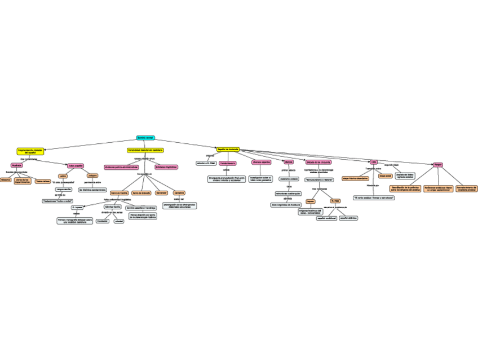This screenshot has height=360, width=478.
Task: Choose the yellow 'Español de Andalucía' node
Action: pos(228,149)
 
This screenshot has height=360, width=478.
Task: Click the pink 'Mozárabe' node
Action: pos(17,165)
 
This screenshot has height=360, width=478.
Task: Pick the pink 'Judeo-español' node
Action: pos(76,165)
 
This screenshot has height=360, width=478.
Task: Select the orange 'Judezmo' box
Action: pos(92,175)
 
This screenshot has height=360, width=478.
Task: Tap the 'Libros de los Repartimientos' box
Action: pos(23,181)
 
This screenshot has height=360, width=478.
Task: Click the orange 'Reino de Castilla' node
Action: pos(118,193)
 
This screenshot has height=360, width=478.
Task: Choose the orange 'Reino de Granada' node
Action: pos(141,193)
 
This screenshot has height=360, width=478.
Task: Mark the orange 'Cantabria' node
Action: pos(179,193)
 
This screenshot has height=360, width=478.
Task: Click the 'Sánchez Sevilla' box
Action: pos(113,208)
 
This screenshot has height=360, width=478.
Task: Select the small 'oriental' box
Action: pos(119,221)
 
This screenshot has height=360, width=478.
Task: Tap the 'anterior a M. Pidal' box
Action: pos(206,163)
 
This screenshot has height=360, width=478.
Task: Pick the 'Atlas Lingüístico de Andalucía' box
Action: pos(286,205)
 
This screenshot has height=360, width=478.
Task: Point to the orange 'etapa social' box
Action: pos(385,176)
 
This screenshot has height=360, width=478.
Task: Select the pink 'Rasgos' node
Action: pos(437,165)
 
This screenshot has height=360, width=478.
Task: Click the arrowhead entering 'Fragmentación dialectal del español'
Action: pos(43,150)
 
